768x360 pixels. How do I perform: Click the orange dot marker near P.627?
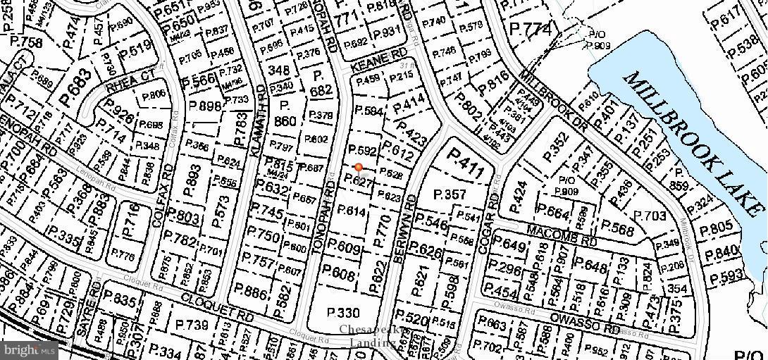click(x=359, y=167)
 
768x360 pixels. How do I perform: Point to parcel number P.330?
click(x=344, y=313)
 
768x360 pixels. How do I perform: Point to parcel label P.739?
click(x=192, y=325)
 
